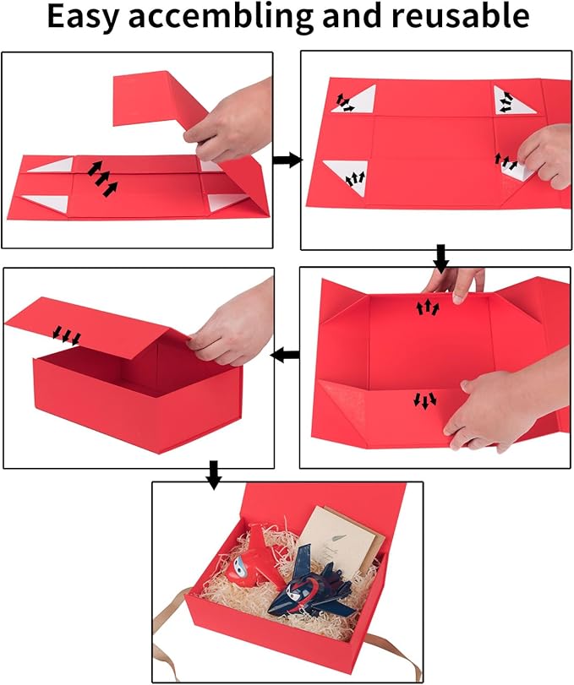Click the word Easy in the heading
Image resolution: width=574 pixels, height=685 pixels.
point(85,18)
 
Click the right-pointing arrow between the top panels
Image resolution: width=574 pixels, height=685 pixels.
point(287,160)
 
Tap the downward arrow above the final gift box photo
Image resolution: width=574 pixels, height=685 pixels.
point(214,476)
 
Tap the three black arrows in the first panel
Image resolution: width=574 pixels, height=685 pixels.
point(100,176)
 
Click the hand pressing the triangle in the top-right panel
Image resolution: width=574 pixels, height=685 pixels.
point(545,156)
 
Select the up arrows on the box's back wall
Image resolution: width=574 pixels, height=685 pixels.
point(428,307)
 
